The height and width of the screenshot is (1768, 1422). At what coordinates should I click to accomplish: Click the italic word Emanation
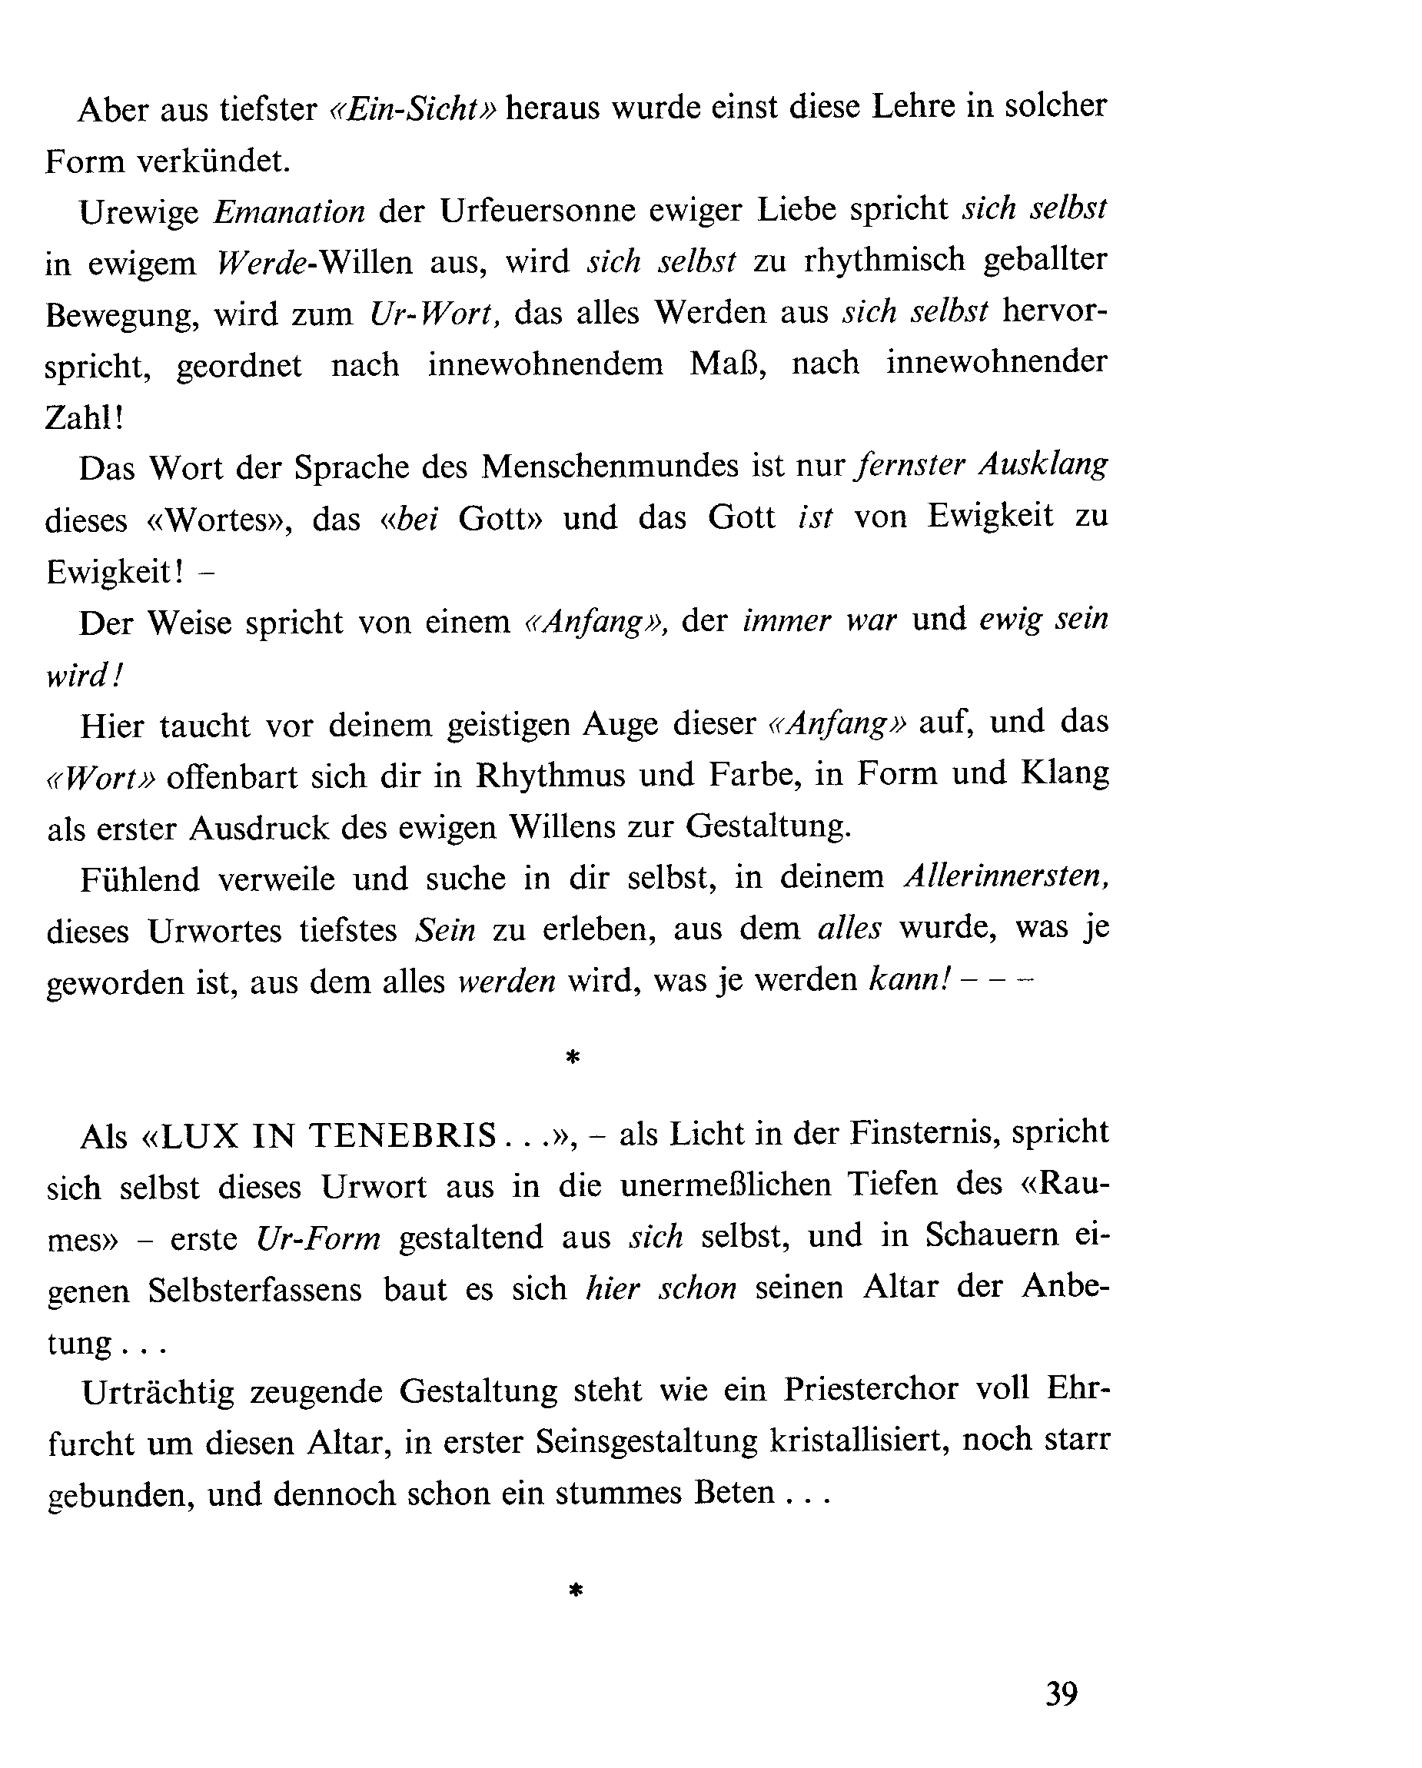pyautogui.click(x=289, y=211)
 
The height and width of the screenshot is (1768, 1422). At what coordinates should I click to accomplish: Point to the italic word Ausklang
pyautogui.click(x=1043, y=465)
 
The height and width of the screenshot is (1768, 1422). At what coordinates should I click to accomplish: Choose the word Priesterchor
pyautogui.click(x=870, y=1389)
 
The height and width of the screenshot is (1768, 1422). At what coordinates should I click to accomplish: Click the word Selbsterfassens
pyautogui.click(x=255, y=1290)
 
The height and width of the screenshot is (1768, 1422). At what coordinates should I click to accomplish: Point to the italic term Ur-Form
pyautogui.click(x=318, y=1238)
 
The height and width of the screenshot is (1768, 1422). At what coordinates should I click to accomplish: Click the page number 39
pyautogui.click(x=1060, y=1693)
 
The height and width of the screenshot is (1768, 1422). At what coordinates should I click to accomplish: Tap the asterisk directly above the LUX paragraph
pyautogui.click(x=573, y=1058)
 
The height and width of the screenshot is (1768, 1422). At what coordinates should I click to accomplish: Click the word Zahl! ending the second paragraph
pyautogui.click(x=85, y=417)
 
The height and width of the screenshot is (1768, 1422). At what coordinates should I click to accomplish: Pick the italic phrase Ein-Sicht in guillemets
pyautogui.click(x=414, y=109)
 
